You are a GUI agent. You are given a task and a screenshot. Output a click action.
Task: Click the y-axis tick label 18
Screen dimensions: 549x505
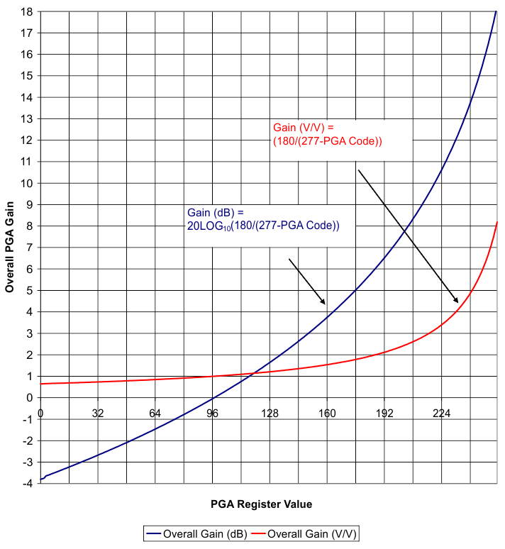[x=27, y=11]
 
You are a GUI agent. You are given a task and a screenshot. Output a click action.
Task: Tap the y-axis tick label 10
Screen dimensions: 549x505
[x=27, y=183]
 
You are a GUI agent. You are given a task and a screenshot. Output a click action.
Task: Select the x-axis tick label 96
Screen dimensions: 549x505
[x=212, y=414]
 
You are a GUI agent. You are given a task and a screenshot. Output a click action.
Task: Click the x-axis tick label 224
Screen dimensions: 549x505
[x=441, y=414]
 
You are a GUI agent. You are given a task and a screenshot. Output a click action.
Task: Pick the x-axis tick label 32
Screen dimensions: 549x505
[x=98, y=414]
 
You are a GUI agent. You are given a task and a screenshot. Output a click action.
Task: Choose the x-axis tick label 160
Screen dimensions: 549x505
[x=326, y=414]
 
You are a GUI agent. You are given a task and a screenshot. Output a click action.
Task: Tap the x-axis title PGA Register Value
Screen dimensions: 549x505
[x=261, y=504]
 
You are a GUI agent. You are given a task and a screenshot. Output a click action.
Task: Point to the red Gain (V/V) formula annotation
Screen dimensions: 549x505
[x=328, y=134]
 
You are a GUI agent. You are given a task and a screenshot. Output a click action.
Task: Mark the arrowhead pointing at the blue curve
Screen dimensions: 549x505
[x=324, y=303]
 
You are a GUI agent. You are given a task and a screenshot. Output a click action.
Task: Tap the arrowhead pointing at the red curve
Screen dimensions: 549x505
[x=457, y=302]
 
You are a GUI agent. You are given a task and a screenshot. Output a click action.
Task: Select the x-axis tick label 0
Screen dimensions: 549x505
[x=40, y=414]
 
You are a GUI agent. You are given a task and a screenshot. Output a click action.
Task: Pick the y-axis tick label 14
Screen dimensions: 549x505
[x=27, y=97]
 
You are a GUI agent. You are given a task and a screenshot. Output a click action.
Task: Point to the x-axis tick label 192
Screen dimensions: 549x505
[x=384, y=414]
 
